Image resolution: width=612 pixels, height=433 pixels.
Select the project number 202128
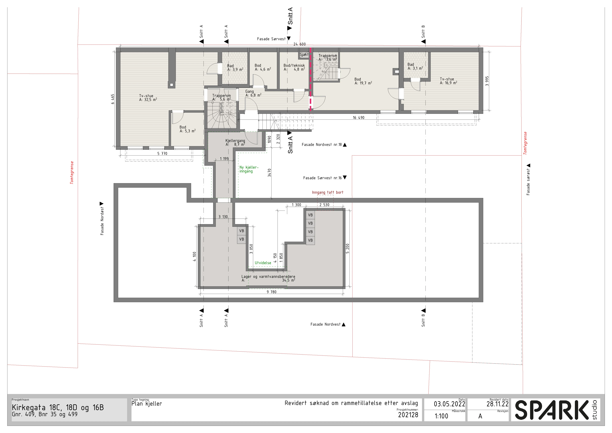tap(408, 415)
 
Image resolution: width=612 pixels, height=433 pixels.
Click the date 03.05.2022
tap(449, 404)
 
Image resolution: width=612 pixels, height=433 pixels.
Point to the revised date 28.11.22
tap(497, 404)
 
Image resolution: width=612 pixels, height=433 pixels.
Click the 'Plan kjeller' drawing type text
tap(147, 404)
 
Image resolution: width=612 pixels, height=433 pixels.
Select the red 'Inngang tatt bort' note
tap(328, 192)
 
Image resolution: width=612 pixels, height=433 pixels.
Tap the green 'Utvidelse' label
tap(263, 263)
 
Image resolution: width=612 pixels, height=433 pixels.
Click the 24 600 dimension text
tap(300, 44)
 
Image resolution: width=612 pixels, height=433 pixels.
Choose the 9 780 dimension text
tap(272, 292)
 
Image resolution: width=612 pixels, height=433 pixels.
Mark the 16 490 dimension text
tap(358, 118)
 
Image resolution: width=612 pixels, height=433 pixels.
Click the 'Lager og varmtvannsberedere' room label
tap(268, 277)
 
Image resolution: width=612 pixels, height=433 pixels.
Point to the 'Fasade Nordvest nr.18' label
tap(322, 145)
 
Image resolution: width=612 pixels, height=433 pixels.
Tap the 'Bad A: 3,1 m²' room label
tap(415, 66)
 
